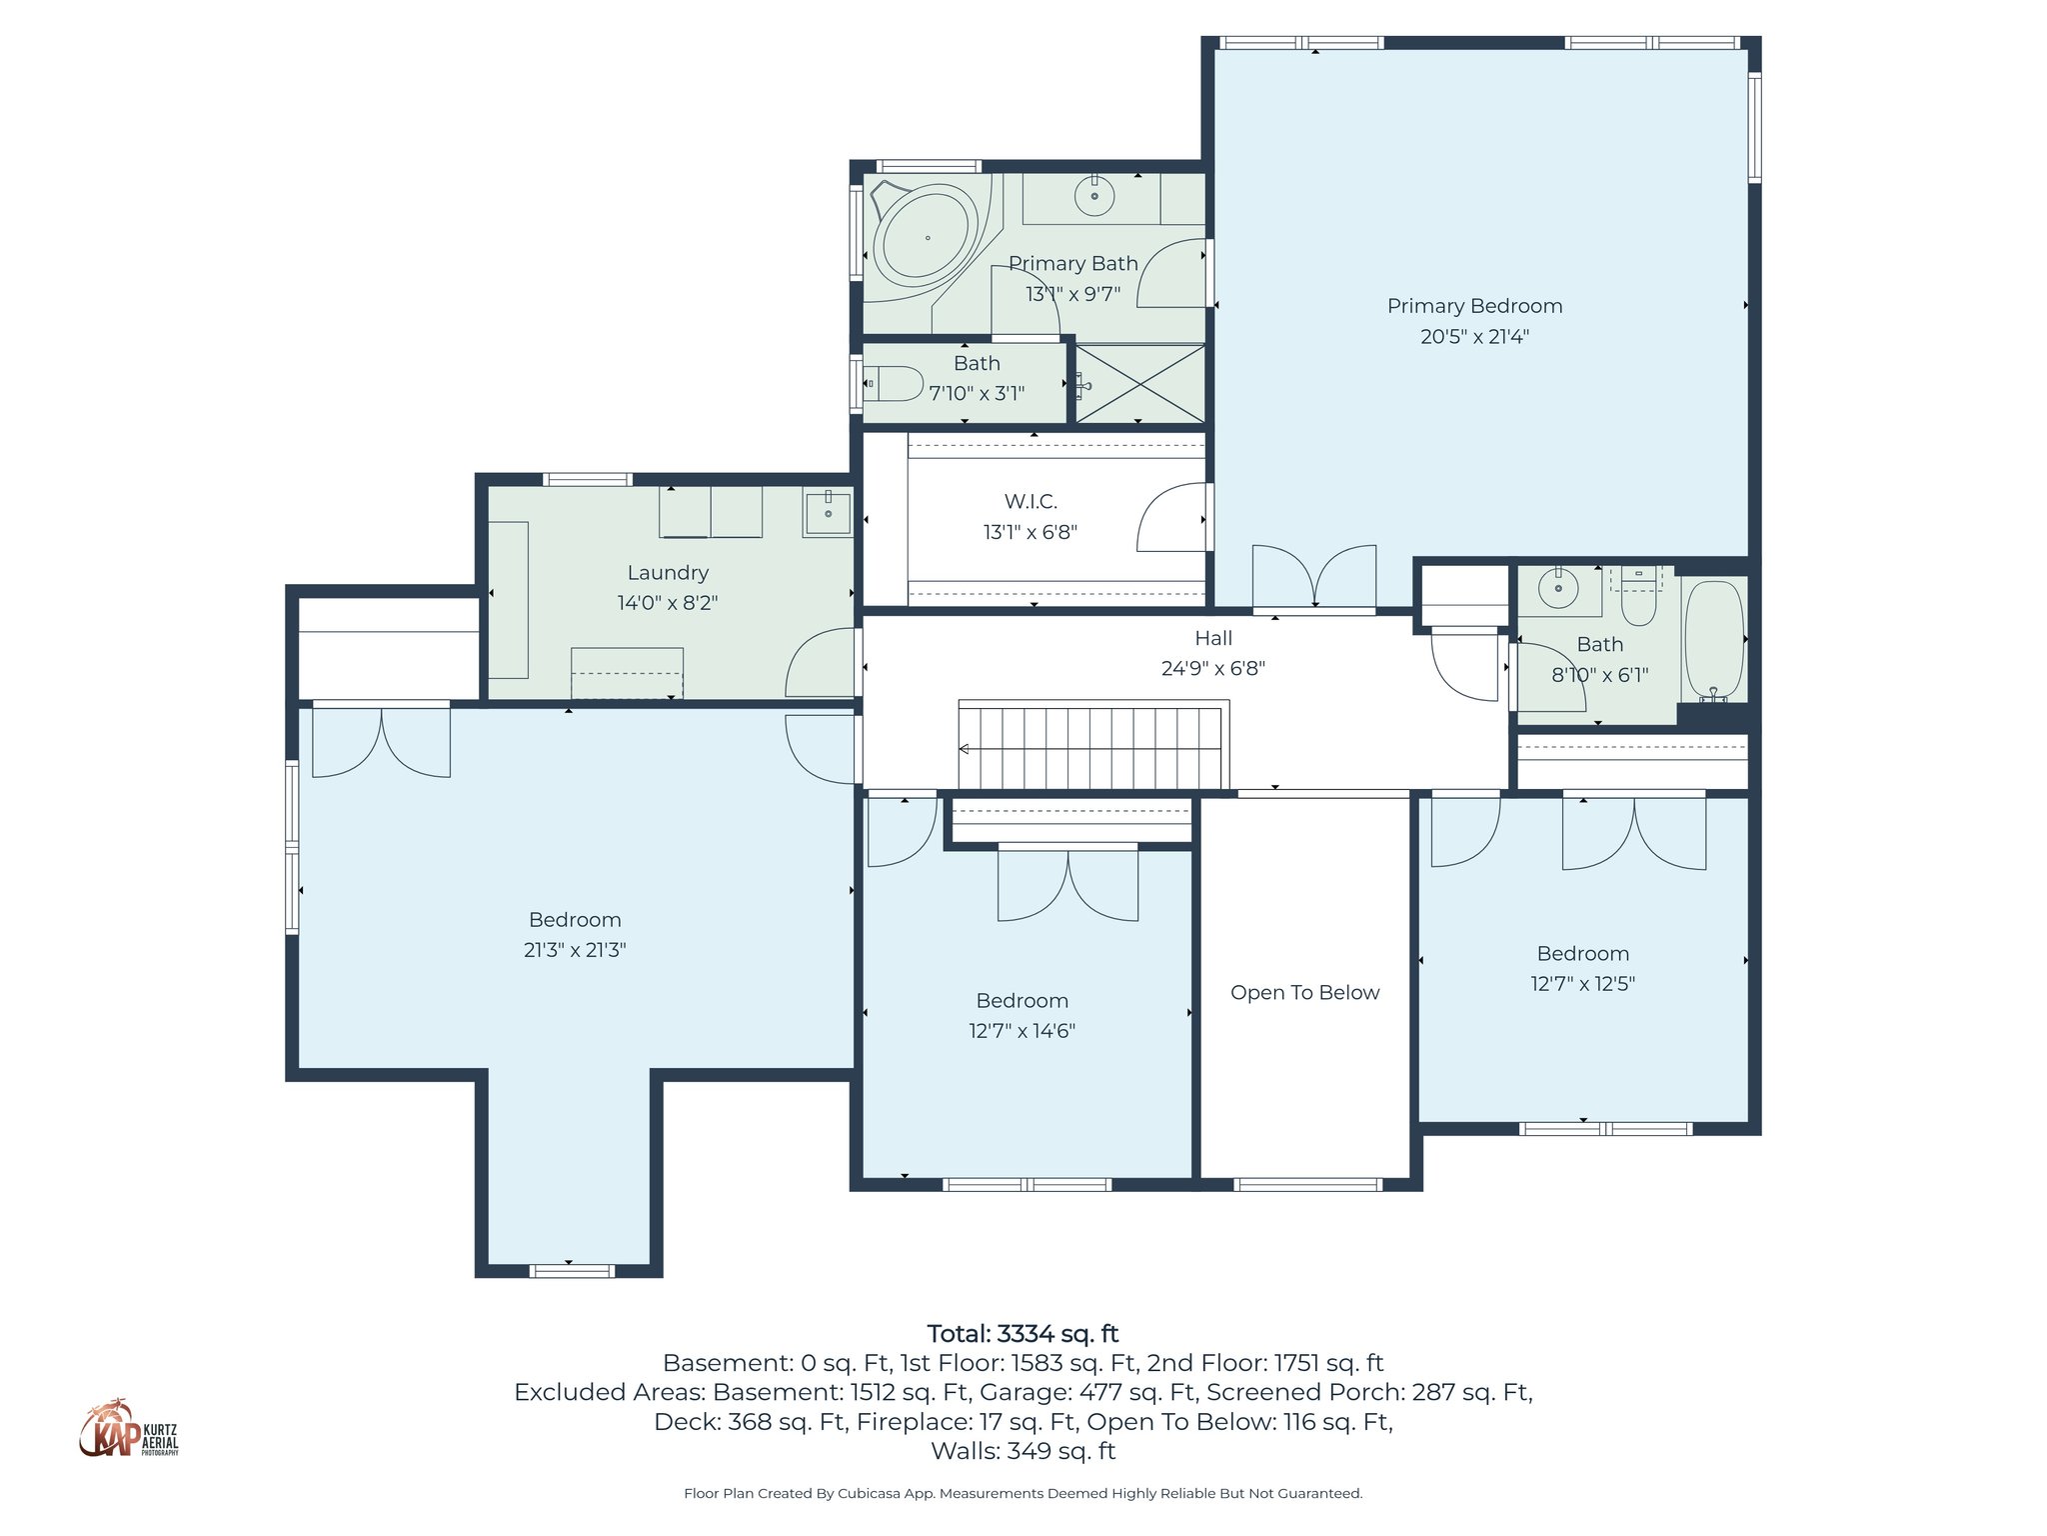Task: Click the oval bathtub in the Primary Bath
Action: [x=926, y=237]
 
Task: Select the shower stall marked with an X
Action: [x=1140, y=384]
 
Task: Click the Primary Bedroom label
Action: [x=1474, y=306]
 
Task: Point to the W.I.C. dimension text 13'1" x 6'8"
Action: [x=1030, y=532]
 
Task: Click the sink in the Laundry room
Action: [x=828, y=512]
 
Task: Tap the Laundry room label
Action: [x=668, y=573]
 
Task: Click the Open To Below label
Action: [x=1304, y=993]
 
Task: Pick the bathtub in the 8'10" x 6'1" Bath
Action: [x=1714, y=640]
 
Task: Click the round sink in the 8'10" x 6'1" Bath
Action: [x=1558, y=589]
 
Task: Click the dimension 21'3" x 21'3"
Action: [x=575, y=950]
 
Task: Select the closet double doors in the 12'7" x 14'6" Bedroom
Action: [x=1067, y=884]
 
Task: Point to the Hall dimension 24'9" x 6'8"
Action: [x=1213, y=668]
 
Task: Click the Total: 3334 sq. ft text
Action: [x=1023, y=1334]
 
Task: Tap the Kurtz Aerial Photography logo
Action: [x=128, y=1430]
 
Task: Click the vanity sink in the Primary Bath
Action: [x=1094, y=196]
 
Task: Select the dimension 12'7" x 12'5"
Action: [x=1582, y=984]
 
